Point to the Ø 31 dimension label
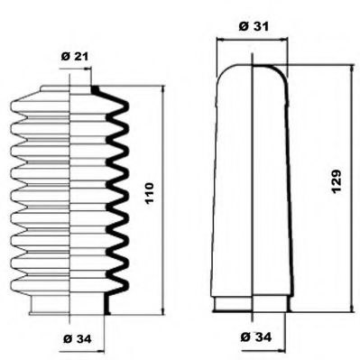[251, 25]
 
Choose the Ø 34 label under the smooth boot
[255, 338]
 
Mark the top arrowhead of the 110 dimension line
[164, 89]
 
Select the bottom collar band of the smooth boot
[252, 305]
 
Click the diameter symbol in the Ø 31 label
[243, 25]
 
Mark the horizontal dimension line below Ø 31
[252, 41]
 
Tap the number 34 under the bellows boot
[84, 338]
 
